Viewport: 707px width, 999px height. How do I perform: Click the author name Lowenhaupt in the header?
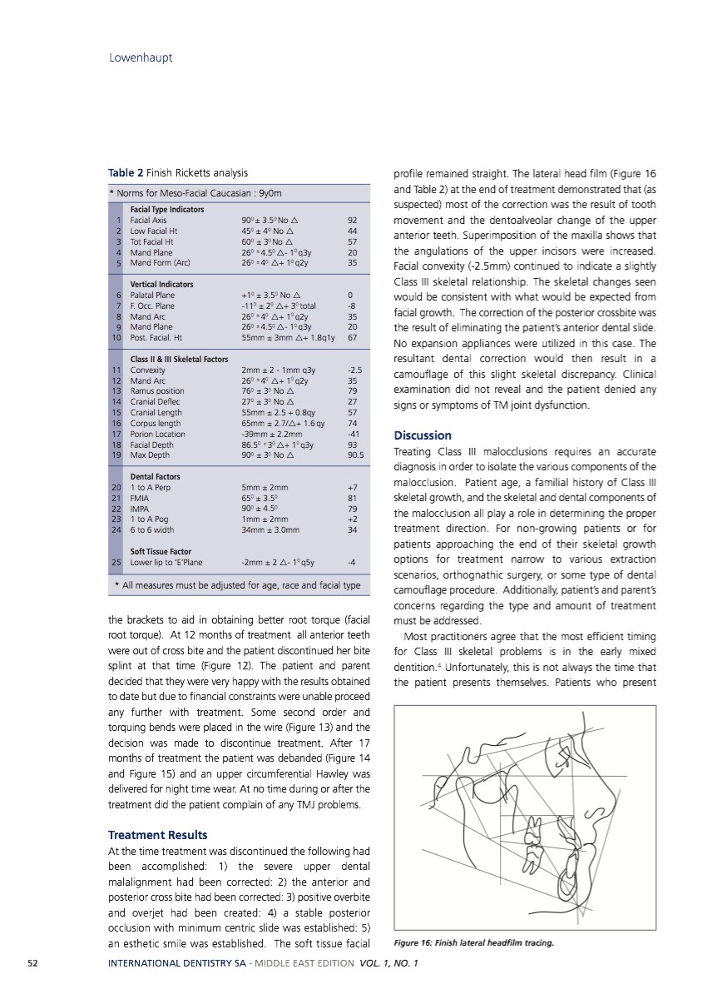click(141, 57)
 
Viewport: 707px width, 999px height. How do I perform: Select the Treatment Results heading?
click(158, 834)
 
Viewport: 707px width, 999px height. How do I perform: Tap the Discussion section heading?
click(423, 435)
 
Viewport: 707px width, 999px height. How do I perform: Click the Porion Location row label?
click(158, 433)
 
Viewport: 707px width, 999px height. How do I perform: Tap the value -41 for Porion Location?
click(353, 433)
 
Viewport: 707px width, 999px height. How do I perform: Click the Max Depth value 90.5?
click(354, 455)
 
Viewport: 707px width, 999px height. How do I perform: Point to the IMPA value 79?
click(353, 508)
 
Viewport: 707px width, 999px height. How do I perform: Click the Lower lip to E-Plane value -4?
click(353, 561)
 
